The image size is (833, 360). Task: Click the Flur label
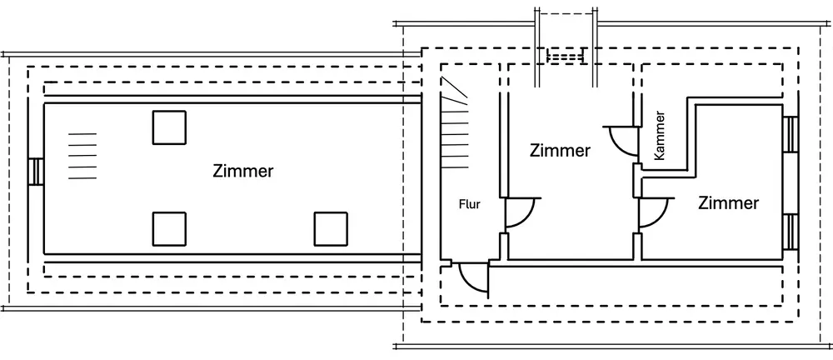(x=469, y=204)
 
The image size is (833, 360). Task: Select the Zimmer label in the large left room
(x=243, y=172)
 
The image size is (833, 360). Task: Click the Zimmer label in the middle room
(x=560, y=151)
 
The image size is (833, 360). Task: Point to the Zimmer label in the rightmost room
(x=728, y=202)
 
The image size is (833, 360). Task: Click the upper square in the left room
(x=169, y=127)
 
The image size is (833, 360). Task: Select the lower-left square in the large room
(x=169, y=228)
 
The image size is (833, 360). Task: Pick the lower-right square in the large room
(x=331, y=228)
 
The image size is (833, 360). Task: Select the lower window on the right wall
(x=789, y=232)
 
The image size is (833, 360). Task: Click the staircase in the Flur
(x=455, y=125)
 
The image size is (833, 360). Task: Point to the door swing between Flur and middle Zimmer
(x=521, y=212)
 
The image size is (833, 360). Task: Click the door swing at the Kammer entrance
(x=620, y=140)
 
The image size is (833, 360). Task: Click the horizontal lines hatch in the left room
(x=82, y=156)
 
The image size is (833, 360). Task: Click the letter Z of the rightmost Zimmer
(x=703, y=202)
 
